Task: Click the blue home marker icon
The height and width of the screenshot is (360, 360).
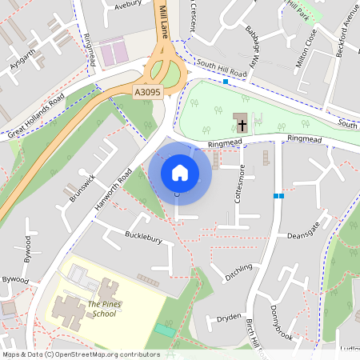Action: [x=180, y=172]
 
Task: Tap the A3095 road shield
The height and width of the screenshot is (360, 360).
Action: [x=148, y=94]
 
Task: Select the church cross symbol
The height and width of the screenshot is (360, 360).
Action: [x=239, y=124]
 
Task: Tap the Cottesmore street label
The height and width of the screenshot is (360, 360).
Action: [x=237, y=184]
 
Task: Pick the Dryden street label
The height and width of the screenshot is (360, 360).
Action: [x=229, y=318]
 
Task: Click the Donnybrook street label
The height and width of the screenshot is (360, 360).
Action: [x=274, y=318]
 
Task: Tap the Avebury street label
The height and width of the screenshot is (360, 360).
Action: [x=127, y=4]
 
